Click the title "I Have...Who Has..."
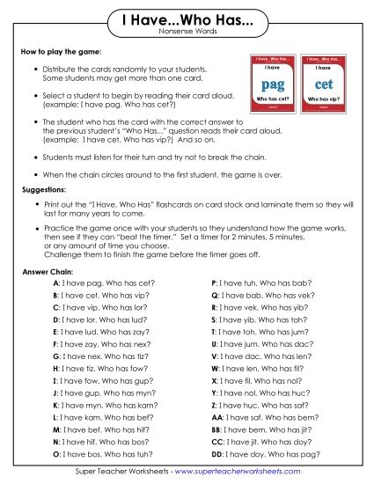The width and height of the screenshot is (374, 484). click(x=187, y=19)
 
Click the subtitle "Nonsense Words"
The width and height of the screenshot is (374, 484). click(x=187, y=32)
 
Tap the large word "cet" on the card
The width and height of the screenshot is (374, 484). click(x=323, y=84)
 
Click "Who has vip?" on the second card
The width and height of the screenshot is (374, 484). click(x=323, y=99)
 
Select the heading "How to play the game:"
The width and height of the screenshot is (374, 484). click(x=61, y=52)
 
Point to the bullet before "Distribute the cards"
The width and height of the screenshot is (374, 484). click(x=33, y=69)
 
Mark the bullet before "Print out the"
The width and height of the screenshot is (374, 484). click(x=33, y=204)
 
